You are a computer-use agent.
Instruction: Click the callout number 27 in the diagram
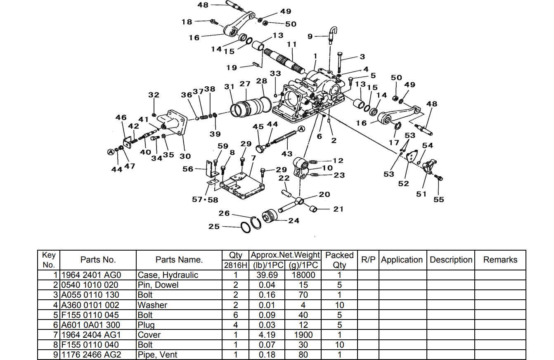pyautogui.click(x=245, y=84)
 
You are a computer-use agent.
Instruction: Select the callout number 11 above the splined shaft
pyautogui.click(x=292, y=44)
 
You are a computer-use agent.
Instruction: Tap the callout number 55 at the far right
pyautogui.click(x=438, y=199)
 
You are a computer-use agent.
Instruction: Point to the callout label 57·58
pyautogui.click(x=205, y=199)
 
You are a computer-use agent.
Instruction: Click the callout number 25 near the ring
pyautogui.click(x=214, y=227)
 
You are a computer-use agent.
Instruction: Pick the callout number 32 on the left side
pyautogui.click(x=154, y=95)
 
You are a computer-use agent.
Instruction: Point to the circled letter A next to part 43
pyautogui.click(x=301, y=129)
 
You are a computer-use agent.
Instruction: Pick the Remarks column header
pyautogui.click(x=500, y=260)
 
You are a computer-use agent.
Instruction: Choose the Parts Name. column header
pyautogui.click(x=179, y=260)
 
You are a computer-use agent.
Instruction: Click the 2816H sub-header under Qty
pyautogui.click(x=235, y=265)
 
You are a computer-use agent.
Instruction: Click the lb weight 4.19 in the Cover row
pyautogui.click(x=267, y=335)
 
